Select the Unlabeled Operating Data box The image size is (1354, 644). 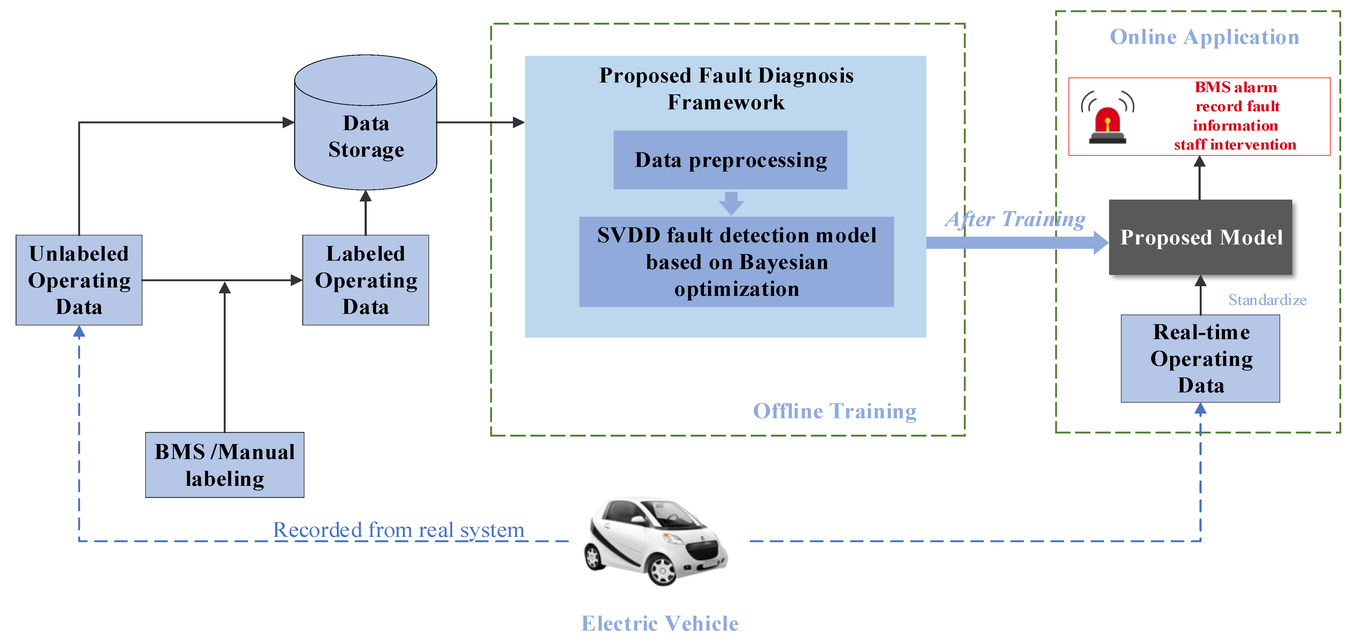click(79, 280)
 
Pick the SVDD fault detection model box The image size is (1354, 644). click(736, 262)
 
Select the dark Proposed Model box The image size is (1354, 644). click(1200, 237)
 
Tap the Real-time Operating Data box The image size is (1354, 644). click(1200, 359)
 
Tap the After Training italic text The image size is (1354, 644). click(1015, 219)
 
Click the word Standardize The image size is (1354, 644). click(1267, 300)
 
